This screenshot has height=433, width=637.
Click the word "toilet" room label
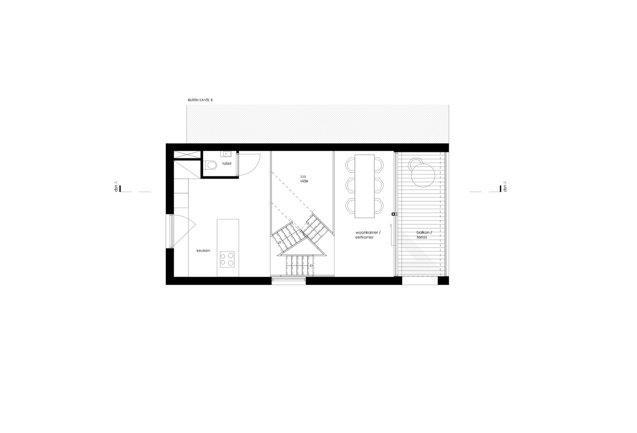click(x=227, y=164)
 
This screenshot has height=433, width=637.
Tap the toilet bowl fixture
click(x=211, y=165)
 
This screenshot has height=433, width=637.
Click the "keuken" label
click(x=203, y=250)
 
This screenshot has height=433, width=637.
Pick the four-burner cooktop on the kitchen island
click(x=227, y=259)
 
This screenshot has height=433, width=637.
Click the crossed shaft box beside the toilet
click(x=187, y=154)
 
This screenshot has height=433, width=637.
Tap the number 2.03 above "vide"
click(x=303, y=176)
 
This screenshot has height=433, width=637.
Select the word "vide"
click(x=304, y=181)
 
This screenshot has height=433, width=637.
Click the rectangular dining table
click(x=364, y=186)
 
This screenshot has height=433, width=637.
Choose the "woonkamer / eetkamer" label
click(x=367, y=235)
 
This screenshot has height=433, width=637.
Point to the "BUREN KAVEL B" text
click(x=200, y=100)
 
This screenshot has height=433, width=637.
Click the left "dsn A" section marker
click(x=117, y=188)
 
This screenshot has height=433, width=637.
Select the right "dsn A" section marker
click(x=503, y=188)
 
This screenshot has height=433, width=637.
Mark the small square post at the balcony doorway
click(x=393, y=214)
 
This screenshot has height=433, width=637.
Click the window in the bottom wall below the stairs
click(x=289, y=281)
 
